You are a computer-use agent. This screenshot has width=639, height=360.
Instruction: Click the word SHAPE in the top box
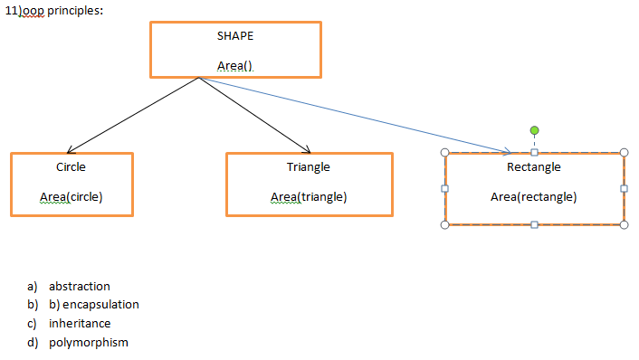point(235,36)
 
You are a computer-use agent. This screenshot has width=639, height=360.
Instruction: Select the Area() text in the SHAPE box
point(235,66)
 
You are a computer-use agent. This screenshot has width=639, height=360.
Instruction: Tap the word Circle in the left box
point(72,167)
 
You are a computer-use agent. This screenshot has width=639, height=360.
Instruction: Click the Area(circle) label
point(72,197)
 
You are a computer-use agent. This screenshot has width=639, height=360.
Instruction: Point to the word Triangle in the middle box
point(309,167)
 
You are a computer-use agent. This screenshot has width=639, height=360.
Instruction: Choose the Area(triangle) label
point(309,197)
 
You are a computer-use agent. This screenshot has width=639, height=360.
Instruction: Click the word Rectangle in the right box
point(534,167)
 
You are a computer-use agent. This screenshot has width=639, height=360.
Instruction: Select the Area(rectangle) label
point(534,197)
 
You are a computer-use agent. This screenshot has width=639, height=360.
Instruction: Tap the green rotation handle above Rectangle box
point(534,131)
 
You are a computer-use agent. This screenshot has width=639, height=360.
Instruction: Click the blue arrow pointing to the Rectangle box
point(362,117)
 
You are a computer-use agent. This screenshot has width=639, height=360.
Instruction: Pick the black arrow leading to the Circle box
point(131,116)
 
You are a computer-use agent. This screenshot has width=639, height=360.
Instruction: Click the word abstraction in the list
point(80,287)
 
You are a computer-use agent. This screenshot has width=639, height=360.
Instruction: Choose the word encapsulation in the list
point(100,305)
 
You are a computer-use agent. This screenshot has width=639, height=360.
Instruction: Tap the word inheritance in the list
point(80,323)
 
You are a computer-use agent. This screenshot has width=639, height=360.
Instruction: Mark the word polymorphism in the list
point(89,342)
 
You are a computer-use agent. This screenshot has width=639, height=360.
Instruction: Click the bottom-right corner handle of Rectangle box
point(624,224)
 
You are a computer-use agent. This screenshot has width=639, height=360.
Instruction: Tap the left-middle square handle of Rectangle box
point(444,188)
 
